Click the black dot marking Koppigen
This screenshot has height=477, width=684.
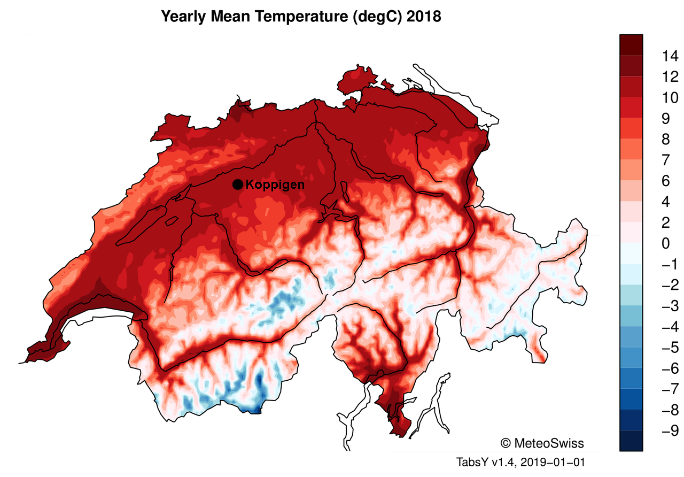pyautogui.click(x=238, y=184)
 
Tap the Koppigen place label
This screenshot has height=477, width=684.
pyautogui.click(x=275, y=185)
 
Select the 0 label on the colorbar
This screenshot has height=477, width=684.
pyautogui.click(x=665, y=243)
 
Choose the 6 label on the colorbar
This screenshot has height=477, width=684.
pyautogui.click(x=665, y=181)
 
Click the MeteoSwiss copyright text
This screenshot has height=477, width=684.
pyautogui.click(x=542, y=443)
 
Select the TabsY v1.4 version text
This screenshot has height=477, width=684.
pyautogui.click(x=484, y=461)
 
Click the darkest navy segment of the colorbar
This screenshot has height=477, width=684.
pyautogui.click(x=631, y=441)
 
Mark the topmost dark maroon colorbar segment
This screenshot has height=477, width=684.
pyautogui.click(x=631, y=44)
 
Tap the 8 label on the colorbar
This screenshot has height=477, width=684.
pyautogui.click(x=665, y=139)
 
